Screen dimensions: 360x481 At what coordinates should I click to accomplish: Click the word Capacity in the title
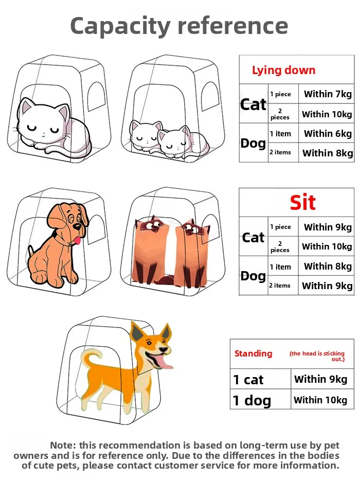point(120,27)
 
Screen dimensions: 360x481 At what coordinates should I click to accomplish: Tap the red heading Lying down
point(284,70)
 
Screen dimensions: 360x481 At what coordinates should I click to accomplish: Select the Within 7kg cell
point(328,94)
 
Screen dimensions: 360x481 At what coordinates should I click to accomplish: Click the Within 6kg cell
point(328,133)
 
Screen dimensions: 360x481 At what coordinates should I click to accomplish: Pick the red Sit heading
point(303,203)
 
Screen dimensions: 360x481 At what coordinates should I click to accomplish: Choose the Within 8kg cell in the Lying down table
point(328,153)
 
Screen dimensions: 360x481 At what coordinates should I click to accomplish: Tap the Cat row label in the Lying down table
point(254,104)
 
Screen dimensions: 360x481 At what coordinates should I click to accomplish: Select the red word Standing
point(254,353)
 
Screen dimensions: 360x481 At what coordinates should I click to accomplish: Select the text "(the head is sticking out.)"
point(317,356)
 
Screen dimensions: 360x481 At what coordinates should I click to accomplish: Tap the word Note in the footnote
point(63,445)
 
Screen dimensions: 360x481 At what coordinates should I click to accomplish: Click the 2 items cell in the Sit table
point(280,286)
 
